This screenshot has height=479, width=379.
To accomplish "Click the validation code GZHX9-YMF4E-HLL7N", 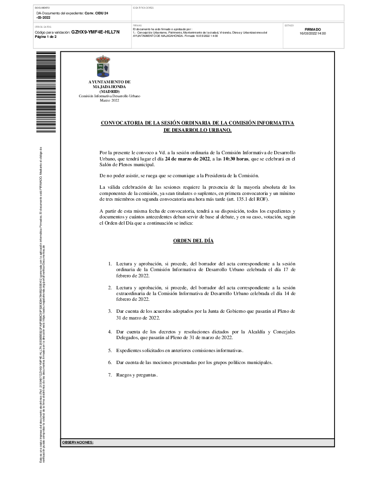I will [95, 32].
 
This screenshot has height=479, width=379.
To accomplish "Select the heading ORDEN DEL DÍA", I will [193, 241].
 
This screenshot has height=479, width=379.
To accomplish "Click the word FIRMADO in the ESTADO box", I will [312, 29].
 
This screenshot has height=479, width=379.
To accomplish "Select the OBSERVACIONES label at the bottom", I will [78, 442].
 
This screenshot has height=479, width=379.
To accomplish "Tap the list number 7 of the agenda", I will [110, 375].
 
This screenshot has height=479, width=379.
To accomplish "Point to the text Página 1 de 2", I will [45, 37].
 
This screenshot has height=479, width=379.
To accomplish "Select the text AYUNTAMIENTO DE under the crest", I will [109, 82].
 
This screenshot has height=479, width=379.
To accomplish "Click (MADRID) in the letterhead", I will [109, 91].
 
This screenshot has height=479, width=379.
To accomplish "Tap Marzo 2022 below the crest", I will [109, 101].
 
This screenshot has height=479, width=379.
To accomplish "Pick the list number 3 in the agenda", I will [110, 311].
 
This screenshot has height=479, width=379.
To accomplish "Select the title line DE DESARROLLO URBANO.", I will [197, 130].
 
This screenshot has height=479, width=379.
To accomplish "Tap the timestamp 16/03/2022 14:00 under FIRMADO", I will [312, 34].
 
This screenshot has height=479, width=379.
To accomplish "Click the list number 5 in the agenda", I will [110, 351].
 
